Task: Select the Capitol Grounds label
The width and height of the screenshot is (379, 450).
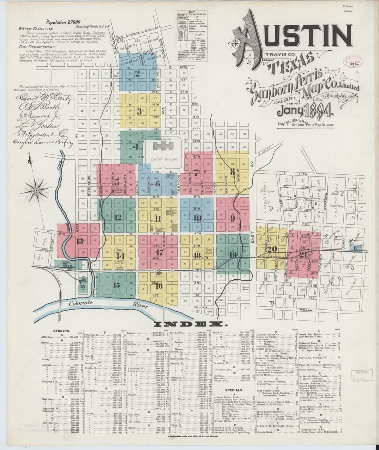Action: [164, 159]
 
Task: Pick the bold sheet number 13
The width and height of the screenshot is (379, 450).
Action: [79, 241]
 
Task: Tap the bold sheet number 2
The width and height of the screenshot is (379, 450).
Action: [137, 73]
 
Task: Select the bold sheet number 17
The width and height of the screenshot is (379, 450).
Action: [160, 252]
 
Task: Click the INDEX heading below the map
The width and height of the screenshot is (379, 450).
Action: [190, 324]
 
